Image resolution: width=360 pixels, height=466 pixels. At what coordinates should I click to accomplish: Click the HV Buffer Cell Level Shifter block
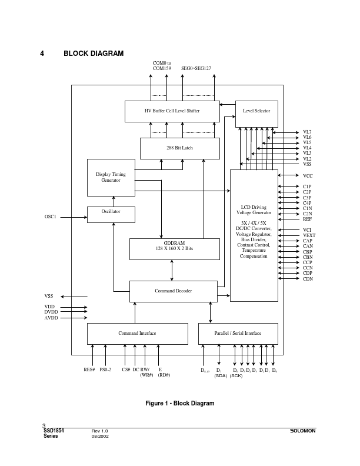(x=172, y=111)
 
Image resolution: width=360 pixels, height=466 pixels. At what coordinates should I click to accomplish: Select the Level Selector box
(x=256, y=114)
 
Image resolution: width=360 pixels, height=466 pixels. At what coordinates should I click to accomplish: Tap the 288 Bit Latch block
(x=179, y=148)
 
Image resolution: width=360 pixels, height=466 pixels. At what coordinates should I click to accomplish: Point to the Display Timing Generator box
(x=111, y=177)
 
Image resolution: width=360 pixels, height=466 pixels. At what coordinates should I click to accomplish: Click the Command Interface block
(x=137, y=334)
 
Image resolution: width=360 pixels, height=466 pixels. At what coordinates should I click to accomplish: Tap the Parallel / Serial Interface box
(x=238, y=334)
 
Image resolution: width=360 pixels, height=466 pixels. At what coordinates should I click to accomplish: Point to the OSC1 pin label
(x=51, y=217)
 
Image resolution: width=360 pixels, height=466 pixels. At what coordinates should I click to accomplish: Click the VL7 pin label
(x=307, y=132)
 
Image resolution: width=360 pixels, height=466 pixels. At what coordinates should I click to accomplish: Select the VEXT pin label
(x=309, y=235)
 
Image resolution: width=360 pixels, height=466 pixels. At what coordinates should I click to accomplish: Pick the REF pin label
(x=307, y=219)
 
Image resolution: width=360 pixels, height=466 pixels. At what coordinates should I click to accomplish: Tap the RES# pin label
(x=89, y=370)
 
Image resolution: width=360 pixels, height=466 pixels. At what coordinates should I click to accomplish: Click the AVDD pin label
(x=51, y=318)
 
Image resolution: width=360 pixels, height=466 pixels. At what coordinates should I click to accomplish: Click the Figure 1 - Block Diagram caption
(x=180, y=404)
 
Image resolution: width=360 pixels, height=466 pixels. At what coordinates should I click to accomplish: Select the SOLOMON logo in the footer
(x=303, y=431)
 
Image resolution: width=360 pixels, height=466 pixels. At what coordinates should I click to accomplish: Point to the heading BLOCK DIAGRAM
(x=94, y=54)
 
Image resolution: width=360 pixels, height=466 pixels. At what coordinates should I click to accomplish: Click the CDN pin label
(x=308, y=279)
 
